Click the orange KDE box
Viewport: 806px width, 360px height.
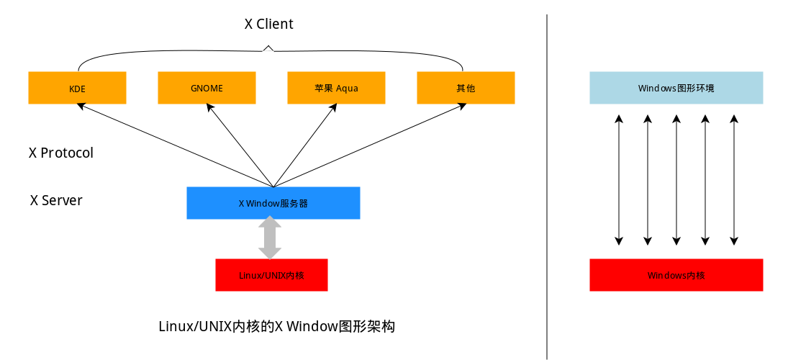pos(77,88)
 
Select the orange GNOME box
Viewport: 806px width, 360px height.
pos(207,88)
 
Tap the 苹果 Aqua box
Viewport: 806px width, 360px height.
pos(336,88)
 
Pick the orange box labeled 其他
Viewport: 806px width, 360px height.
pos(466,88)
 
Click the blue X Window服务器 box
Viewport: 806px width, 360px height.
pos(273,203)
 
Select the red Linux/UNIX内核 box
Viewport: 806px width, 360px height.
pos(271,275)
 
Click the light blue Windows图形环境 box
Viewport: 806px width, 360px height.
pos(676,88)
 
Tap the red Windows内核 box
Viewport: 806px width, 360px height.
pos(676,275)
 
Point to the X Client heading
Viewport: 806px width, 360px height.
pos(268,24)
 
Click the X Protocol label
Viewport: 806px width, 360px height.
pos(61,153)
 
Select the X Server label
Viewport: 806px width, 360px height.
pos(56,200)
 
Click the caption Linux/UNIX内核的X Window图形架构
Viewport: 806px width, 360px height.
pos(277,326)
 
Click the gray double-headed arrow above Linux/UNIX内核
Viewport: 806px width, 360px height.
pos(270,239)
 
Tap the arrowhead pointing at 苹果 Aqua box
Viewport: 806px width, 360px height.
pos(333,107)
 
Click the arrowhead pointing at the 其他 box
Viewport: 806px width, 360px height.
pos(462,107)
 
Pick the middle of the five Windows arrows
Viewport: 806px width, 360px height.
pos(676,180)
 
